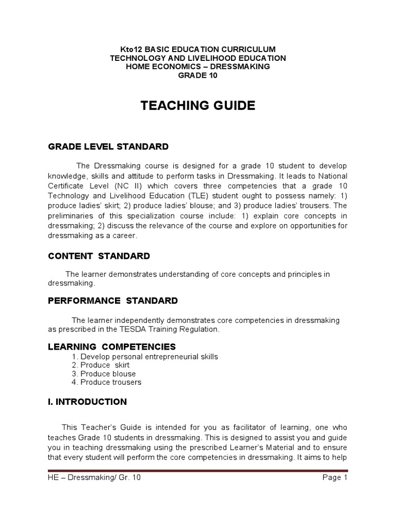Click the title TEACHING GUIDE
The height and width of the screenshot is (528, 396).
[x=198, y=106]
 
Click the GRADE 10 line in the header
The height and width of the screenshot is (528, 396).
[x=198, y=75]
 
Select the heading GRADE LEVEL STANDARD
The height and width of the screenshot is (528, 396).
[x=108, y=147]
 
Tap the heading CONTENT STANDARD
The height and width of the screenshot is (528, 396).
[x=99, y=256]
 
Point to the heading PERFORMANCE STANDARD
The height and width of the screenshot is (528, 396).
[x=113, y=301]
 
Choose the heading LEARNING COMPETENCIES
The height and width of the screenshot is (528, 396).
[x=112, y=346]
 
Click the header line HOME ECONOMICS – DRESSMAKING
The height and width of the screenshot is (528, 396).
[x=198, y=67]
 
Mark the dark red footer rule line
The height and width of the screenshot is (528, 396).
[x=198, y=470]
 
